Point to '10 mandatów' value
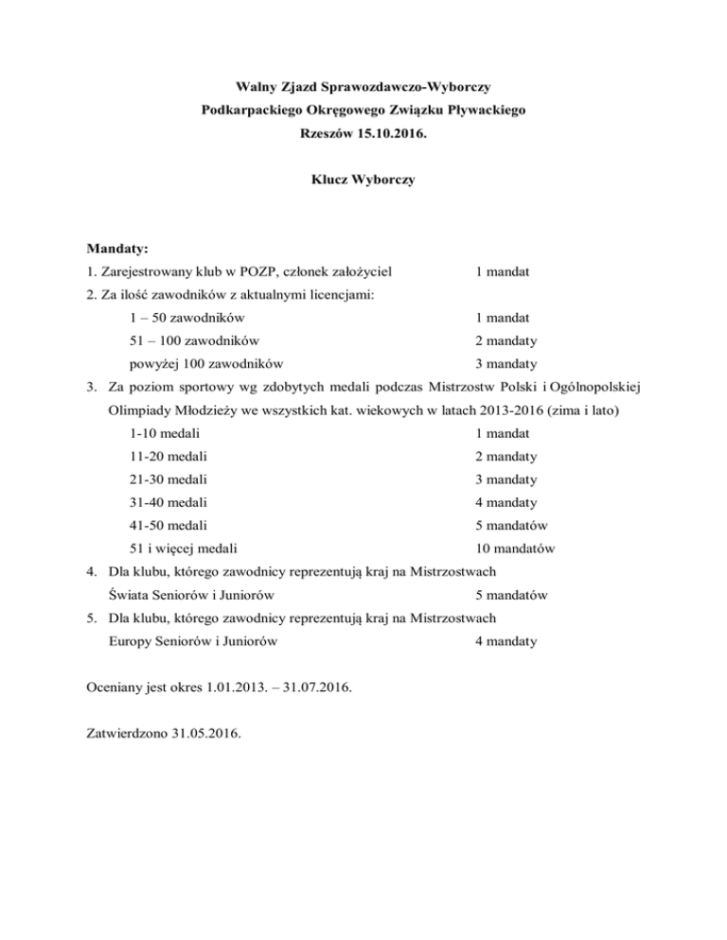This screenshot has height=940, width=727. coord(515,548)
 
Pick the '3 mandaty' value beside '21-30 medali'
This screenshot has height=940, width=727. coord(506,479)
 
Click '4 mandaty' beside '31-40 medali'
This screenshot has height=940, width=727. coord(506,502)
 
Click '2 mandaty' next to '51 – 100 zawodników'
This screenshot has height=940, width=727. coord(506,341)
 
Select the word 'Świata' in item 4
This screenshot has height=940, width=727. coord(129,596)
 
